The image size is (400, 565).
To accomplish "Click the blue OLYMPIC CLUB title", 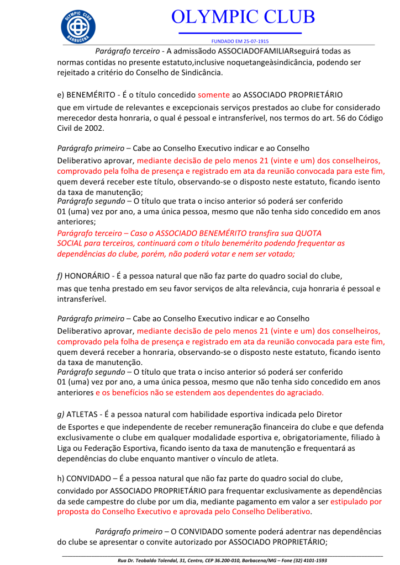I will pos(243,17).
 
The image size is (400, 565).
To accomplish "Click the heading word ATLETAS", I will pos(84,415).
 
